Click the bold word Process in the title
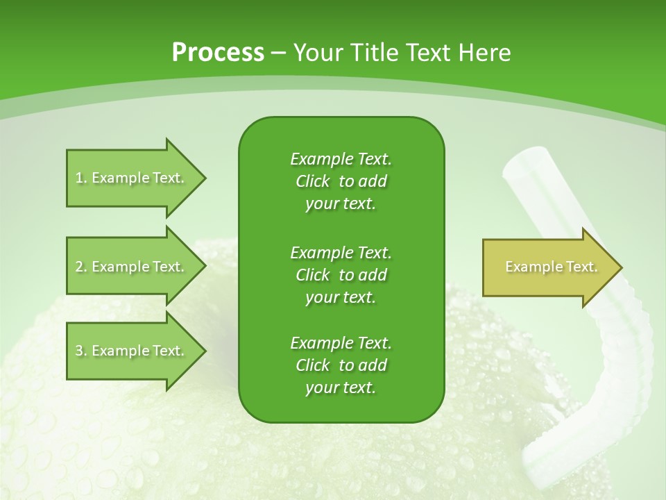pyautogui.click(x=218, y=52)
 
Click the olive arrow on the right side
pyautogui.click(x=541, y=267)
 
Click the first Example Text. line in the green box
pyautogui.click(x=341, y=159)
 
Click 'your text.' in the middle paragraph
pyautogui.click(x=341, y=297)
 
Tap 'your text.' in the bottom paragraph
pyautogui.click(x=341, y=387)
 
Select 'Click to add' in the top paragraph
pyautogui.click(x=341, y=181)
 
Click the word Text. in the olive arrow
pyautogui.click(x=581, y=267)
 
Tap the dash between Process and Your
pyautogui.click(x=279, y=52)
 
